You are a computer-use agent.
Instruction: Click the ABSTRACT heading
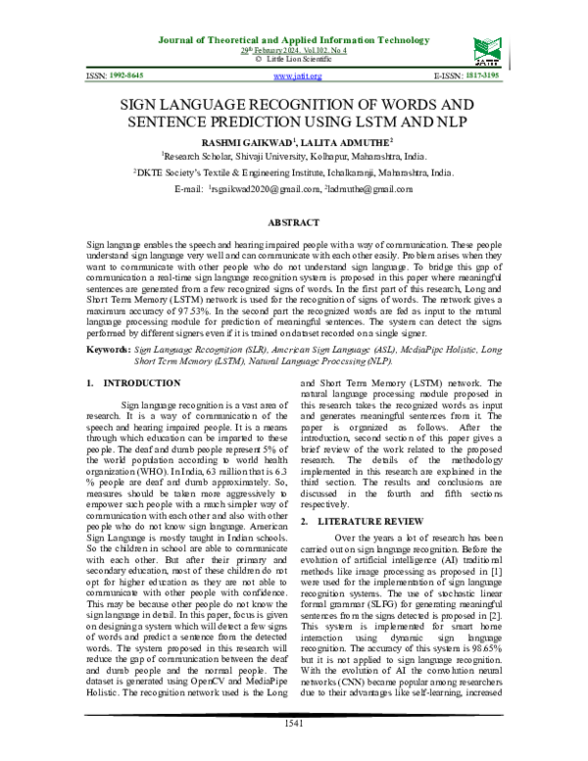coord(294,224)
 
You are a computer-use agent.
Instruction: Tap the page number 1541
coord(294,750)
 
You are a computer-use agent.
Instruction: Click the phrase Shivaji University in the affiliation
coord(259,155)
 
